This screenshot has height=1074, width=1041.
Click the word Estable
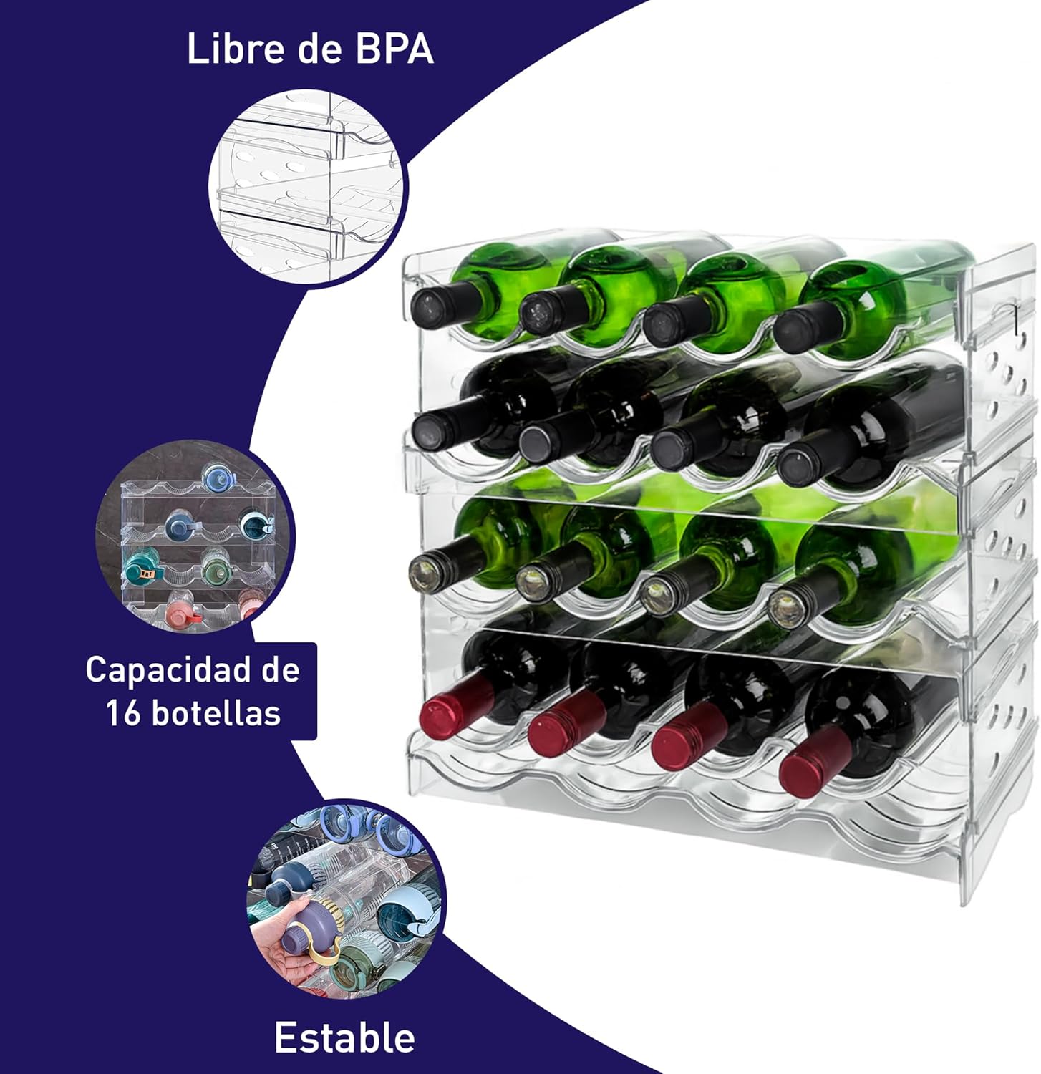coord(344,1037)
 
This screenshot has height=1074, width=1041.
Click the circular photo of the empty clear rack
coord(306,188)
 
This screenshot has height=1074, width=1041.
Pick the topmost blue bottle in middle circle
coord(217,479)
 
